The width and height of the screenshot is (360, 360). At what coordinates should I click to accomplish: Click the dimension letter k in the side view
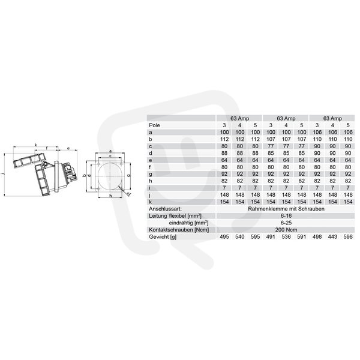pyautogui.click(x=35, y=145)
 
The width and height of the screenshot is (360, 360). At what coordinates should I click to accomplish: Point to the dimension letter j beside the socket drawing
pyautogui.click(x=2, y=174)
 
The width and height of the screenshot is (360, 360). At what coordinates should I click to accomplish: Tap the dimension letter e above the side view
pyautogui.click(x=68, y=148)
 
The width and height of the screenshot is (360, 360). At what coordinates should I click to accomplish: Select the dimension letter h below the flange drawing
pyautogui.click(x=110, y=196)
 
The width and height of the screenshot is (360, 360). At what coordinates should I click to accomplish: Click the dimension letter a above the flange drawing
pyautogui.click(x=110, y=151)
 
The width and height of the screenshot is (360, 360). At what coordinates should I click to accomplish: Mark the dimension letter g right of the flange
pyautogui.click(x=129, y=175)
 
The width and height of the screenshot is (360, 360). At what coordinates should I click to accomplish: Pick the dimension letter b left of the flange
pyautogui.click(x=84, y=176)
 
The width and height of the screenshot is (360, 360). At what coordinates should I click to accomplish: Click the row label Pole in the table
pyautogui.click(x=154, y=125)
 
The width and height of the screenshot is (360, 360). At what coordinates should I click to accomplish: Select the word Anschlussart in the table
pyautogui.click(x=165, y=209)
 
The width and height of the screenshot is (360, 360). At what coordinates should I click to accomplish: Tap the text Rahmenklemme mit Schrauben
pyautogui.click(x=286, y=209)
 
